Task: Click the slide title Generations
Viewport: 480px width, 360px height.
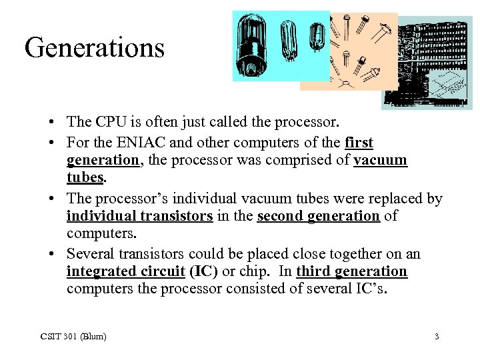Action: [x=94, y=48]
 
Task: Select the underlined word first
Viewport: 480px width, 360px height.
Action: [x=359, y=143]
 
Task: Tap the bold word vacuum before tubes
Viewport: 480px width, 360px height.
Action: [x=380, y=161]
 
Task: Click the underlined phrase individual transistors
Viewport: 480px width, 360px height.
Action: [x=139, y=216]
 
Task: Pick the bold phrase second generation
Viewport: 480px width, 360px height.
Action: [x=318, y=216]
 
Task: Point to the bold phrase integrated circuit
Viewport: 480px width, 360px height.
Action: [x=125, y=271]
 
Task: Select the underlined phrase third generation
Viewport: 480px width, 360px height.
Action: [x=351, y=271]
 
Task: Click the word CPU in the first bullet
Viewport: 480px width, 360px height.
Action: [x=110, y=122]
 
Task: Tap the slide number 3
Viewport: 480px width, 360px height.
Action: [x=437, y=336]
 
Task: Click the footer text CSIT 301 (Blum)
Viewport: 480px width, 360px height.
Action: [x=72, y=336]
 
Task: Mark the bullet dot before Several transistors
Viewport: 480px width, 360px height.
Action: [x=52, y=254]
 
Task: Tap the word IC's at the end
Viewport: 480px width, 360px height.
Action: [x=369, y=289]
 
